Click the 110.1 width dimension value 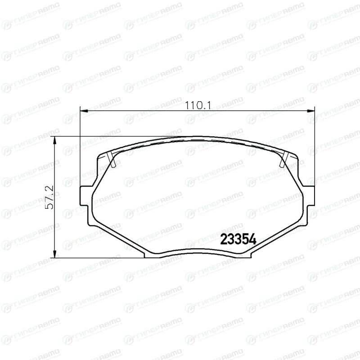pos(198,106)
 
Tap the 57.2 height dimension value pos(49,197)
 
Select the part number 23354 pos(238,240)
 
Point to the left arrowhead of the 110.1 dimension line pos(84,111)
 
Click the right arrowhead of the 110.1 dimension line pos(310,111)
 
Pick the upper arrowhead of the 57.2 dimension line pos(54,141)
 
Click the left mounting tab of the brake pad pos(84,196)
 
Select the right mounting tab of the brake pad pos(310,196)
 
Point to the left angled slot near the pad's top pos(111,159)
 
